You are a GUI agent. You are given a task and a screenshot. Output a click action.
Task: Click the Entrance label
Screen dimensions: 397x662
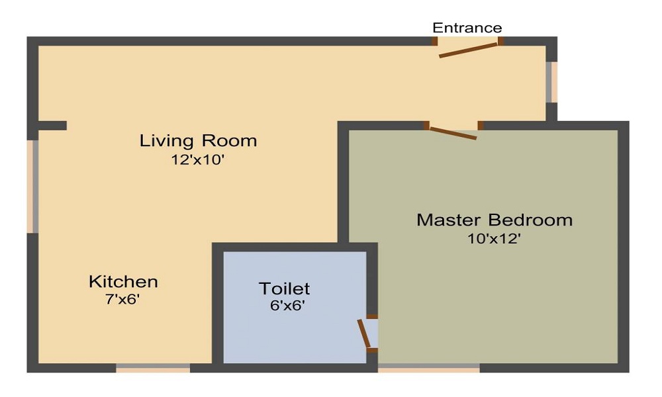(x=467, y=28)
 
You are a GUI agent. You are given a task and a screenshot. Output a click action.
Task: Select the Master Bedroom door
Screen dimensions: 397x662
(x=453, y=133)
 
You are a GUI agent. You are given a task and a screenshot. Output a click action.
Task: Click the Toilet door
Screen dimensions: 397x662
(x=364, y=333)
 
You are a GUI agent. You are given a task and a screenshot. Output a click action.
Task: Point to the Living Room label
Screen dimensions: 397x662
(x=198, y=141)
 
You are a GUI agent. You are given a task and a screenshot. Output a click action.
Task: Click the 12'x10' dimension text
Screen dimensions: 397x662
(x=199, y=159)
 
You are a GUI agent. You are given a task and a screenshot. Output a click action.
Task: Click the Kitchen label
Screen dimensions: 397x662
(x=123, y=282)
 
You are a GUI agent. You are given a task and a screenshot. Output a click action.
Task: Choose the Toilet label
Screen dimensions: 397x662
(x=284, y=288)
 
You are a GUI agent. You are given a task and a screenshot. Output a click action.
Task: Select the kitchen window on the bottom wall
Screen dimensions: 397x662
(x=153, y=367)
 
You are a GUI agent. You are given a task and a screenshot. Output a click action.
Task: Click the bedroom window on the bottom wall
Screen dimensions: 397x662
(x=429, y=367)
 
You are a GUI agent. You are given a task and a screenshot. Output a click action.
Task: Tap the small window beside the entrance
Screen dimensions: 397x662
(x=551, y=81)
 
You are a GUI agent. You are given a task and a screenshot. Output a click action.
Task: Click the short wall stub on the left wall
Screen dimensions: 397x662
(x=52, y=125)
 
